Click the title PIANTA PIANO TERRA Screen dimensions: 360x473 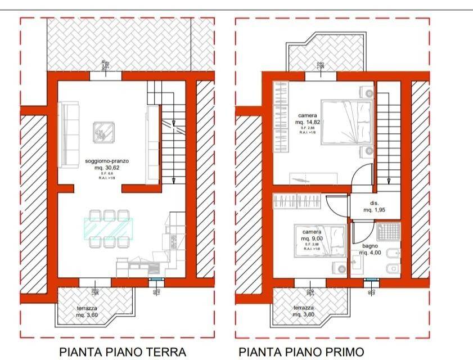[123, 352]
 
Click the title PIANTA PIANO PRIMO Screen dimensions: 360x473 [301, 352]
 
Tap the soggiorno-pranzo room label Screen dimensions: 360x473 [103, 164]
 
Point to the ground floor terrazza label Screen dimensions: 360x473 [89, 311]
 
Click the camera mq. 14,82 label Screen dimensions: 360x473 [307, 119]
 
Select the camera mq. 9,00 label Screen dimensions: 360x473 [312, 235]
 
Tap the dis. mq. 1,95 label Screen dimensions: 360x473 [374, 206]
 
